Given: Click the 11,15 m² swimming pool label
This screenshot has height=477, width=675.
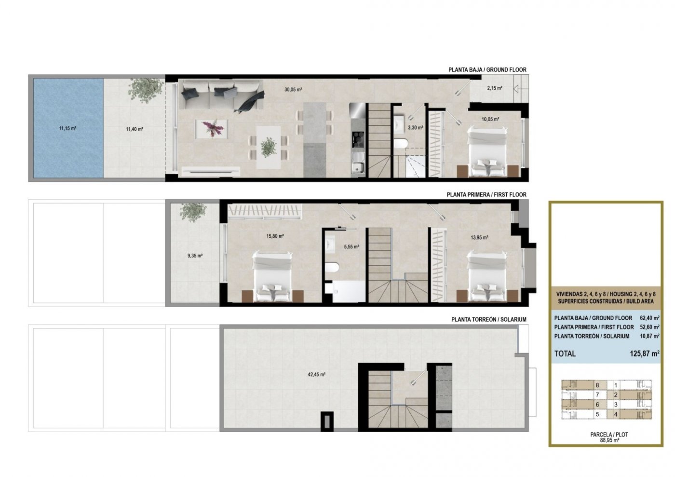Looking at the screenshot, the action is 67,128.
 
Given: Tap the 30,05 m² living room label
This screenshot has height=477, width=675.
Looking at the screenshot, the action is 293,90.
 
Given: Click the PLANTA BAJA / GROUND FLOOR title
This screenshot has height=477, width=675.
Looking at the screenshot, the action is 487,69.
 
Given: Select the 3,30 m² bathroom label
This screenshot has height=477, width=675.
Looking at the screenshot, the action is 415,127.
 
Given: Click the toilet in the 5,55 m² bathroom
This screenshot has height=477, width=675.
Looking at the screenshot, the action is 332,267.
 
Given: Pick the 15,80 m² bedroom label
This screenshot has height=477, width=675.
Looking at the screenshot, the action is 275,236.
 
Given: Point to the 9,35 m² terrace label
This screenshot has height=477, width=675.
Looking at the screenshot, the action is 195,256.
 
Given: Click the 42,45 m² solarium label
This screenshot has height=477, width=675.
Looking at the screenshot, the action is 316,374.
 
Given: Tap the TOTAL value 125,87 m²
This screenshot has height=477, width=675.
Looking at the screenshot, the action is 644,354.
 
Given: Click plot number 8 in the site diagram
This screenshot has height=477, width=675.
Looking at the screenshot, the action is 597,385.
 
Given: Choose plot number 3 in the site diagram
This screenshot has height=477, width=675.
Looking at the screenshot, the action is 616,404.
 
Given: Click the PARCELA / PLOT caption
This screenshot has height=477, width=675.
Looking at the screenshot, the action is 609,435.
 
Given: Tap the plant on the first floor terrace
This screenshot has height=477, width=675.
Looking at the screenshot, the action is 193,212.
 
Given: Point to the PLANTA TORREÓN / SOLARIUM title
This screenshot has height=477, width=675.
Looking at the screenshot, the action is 489,319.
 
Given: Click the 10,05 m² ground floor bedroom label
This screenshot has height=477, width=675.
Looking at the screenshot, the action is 490,119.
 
